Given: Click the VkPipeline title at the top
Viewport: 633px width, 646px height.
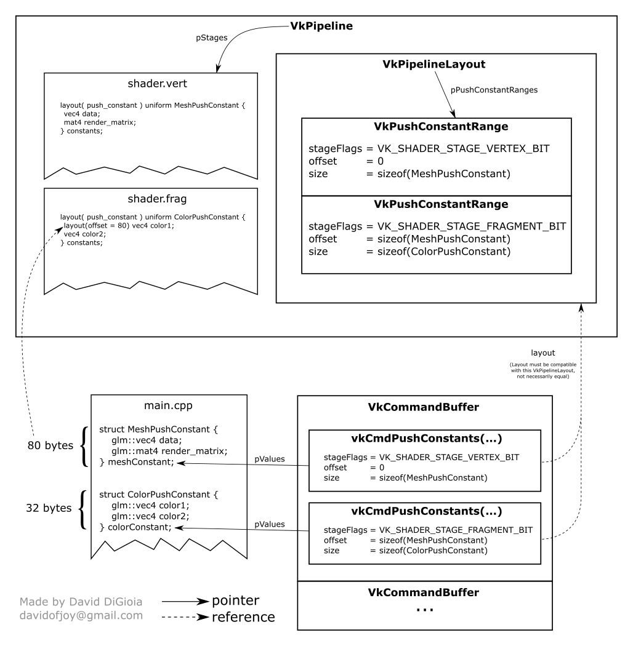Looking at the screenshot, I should (321, 27).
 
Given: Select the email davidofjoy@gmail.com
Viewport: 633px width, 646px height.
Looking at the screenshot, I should (81, 615).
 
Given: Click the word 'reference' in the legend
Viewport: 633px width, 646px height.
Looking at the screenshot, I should (243, 616).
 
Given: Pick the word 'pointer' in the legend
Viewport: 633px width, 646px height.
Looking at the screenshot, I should (235, 600).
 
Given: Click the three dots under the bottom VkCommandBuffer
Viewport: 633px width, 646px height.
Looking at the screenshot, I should (424, 609).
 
